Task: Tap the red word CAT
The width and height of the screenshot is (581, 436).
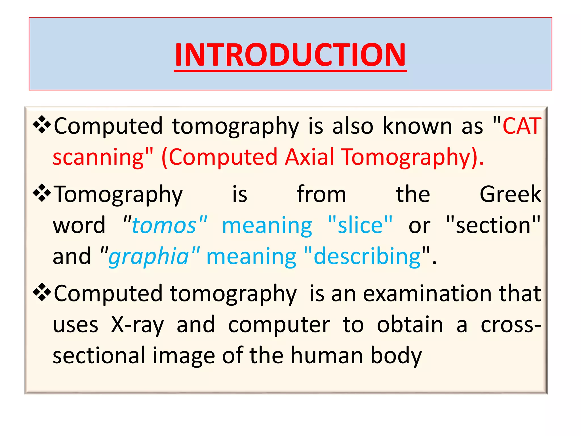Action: click(522, 126)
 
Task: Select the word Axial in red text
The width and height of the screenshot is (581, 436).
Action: click(310, 157)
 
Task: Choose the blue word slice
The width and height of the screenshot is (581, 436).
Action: click(360, 225)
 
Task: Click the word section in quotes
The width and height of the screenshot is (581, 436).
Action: click(493, 225)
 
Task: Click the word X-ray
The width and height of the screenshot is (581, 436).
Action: click(137, 325)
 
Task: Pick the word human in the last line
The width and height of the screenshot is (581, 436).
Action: click(327, 356)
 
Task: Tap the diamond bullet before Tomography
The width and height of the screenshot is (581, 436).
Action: click(42, 193)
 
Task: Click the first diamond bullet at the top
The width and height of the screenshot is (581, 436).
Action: click(42, 125)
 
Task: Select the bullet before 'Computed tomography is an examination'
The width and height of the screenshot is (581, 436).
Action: click(42, 292)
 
